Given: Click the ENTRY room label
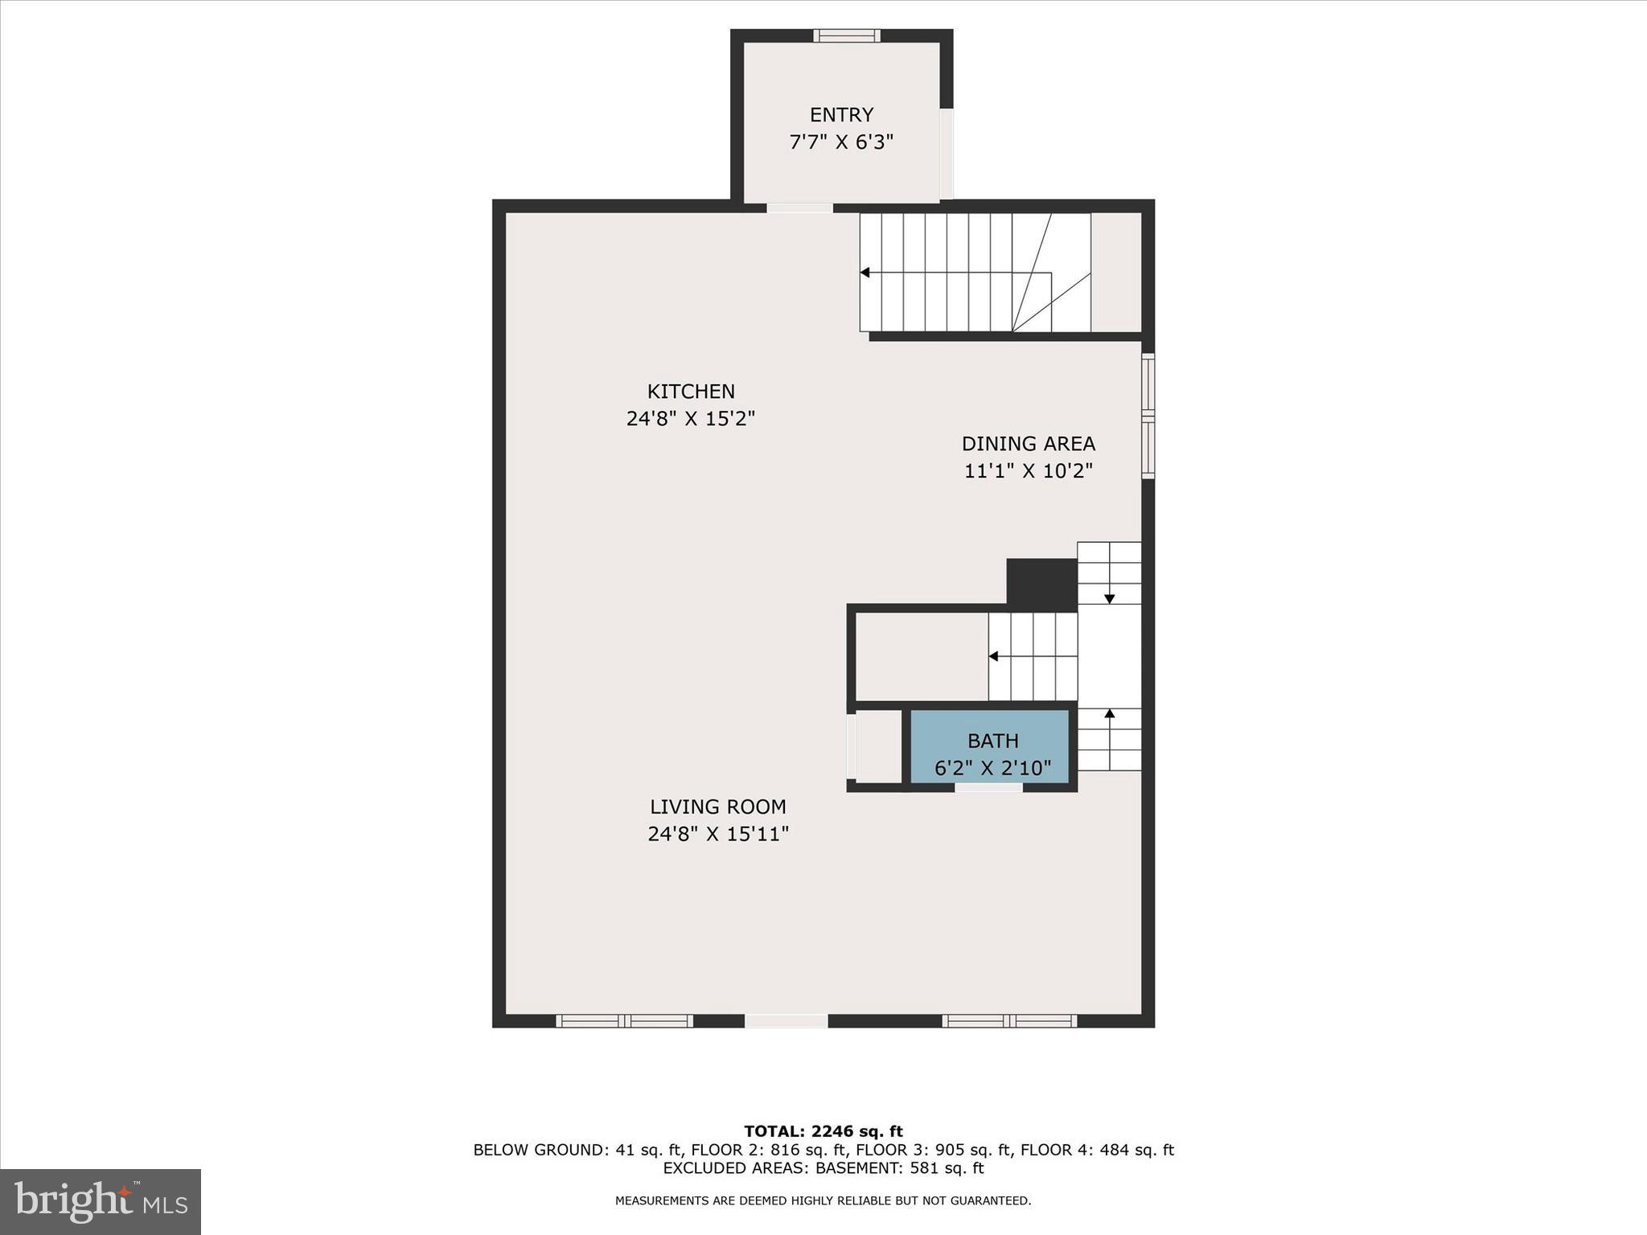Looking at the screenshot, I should coord(841,115).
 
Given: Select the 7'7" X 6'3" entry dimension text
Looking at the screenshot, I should coord(841,142).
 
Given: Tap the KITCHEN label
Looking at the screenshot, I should coord(691,392).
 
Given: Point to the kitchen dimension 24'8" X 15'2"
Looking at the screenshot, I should coord(691,419).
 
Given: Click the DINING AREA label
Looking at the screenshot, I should coord(1029,444).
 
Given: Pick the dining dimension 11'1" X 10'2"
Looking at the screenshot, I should coord(1029,471).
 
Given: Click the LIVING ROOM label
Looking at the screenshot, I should coord(718,806).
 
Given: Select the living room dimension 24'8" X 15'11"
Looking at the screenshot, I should coord(718,835).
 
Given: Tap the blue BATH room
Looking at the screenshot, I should coord(990,745).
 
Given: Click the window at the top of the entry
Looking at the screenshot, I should coord(846,35).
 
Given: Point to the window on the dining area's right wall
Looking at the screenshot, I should coord(1148,416).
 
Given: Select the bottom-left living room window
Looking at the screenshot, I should coord(624,1021).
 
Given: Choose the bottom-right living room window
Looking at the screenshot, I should coord(1009,1021).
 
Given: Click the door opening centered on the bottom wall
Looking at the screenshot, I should coord(786,1021).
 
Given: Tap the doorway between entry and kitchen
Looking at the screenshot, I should coord(799,207).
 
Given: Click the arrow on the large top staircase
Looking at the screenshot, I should coord(865,273).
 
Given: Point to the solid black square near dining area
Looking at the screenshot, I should coord(1041,584).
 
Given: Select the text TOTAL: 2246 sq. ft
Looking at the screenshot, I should coord(823,1131).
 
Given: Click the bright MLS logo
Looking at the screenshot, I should coord(101,1201).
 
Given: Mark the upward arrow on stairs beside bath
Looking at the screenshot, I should coord(1110,714).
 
